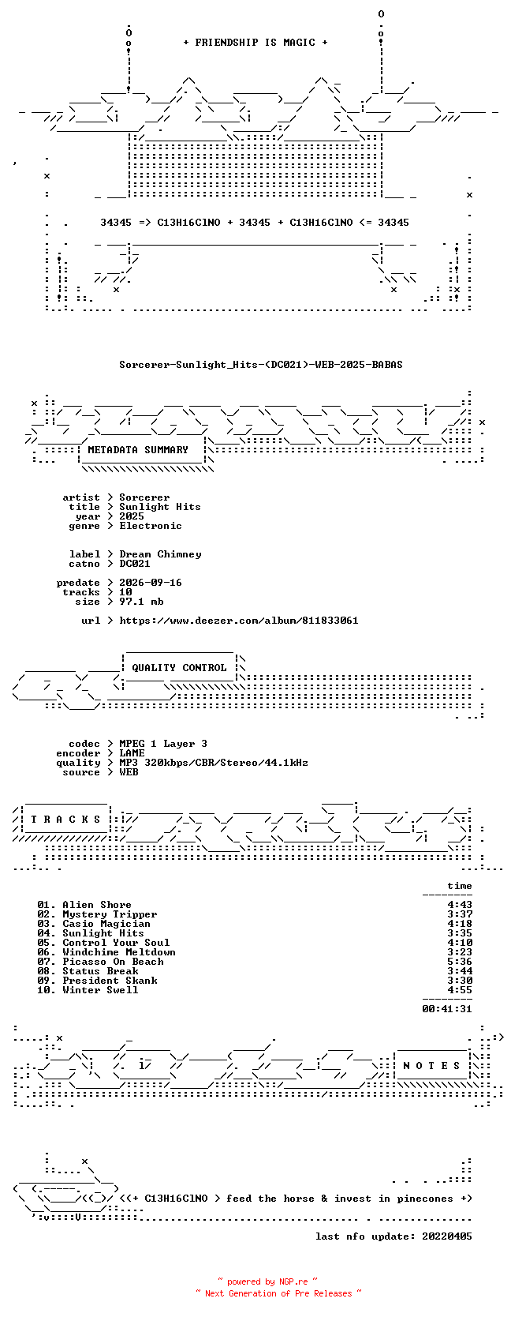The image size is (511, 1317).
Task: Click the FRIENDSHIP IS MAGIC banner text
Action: [255, 43]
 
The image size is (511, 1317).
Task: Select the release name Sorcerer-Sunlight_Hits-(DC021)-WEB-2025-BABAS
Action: [261, 365]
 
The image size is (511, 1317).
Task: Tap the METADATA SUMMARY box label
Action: [138, 450]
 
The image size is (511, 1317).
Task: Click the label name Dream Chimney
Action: [160, 554]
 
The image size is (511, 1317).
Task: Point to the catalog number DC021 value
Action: [135, 564]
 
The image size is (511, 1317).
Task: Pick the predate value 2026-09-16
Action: [151, 583]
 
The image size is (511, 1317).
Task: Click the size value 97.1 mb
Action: [142, 602]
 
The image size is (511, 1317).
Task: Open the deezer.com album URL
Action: [238, 621]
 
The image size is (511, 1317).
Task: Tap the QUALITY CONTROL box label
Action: [179, 668]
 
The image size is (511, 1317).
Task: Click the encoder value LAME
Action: [132, 753]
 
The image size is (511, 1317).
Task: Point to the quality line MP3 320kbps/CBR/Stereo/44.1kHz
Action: [214, 763]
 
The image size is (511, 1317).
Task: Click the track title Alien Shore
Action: [97, 905]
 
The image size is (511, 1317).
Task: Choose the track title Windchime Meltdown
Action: [119, 952]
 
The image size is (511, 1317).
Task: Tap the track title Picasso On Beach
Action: [114, 961]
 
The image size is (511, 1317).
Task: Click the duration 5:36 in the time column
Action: [459, 961]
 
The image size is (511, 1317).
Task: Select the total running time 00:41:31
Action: [447, 1009]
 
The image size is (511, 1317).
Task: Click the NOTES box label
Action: [431, 1066]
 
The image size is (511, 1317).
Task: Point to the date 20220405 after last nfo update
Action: [447, 1236]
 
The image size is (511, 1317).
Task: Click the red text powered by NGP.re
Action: [267, 1281]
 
